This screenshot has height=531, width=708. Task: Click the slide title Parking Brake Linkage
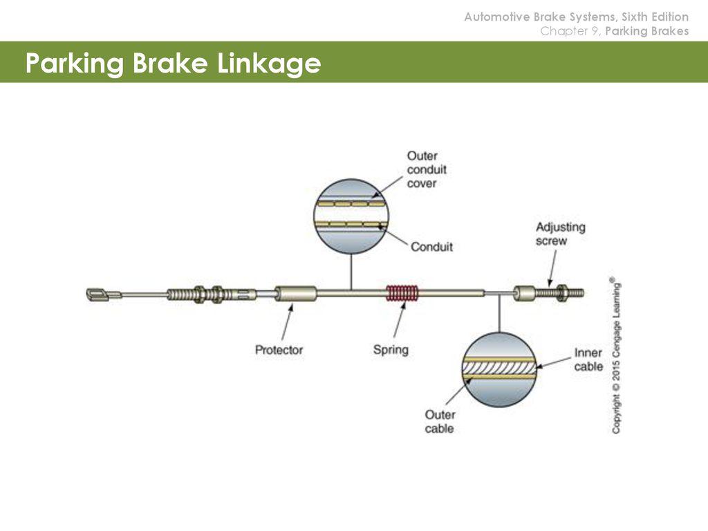[174, 63]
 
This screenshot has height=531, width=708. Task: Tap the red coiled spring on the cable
[402, 293]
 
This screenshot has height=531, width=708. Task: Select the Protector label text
[279, 350]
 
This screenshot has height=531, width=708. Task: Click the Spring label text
[391, 350]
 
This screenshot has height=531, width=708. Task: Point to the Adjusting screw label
[560, 234]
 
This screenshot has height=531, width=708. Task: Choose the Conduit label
[431, 247]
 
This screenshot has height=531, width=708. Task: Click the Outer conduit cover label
[427, 169]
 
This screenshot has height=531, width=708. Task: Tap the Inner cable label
[588, 360]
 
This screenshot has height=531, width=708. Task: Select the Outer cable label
[440, 421]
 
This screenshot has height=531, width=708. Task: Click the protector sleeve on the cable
[296, 293]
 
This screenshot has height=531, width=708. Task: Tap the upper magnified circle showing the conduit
[351, 216]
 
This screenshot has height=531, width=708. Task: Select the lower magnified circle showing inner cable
[499, 369]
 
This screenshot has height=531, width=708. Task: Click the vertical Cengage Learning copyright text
[616, 356]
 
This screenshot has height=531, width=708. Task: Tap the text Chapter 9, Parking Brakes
[615, 31]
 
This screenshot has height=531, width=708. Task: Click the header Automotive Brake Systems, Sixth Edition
[577, 17]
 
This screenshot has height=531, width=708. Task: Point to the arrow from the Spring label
[400, 319]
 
